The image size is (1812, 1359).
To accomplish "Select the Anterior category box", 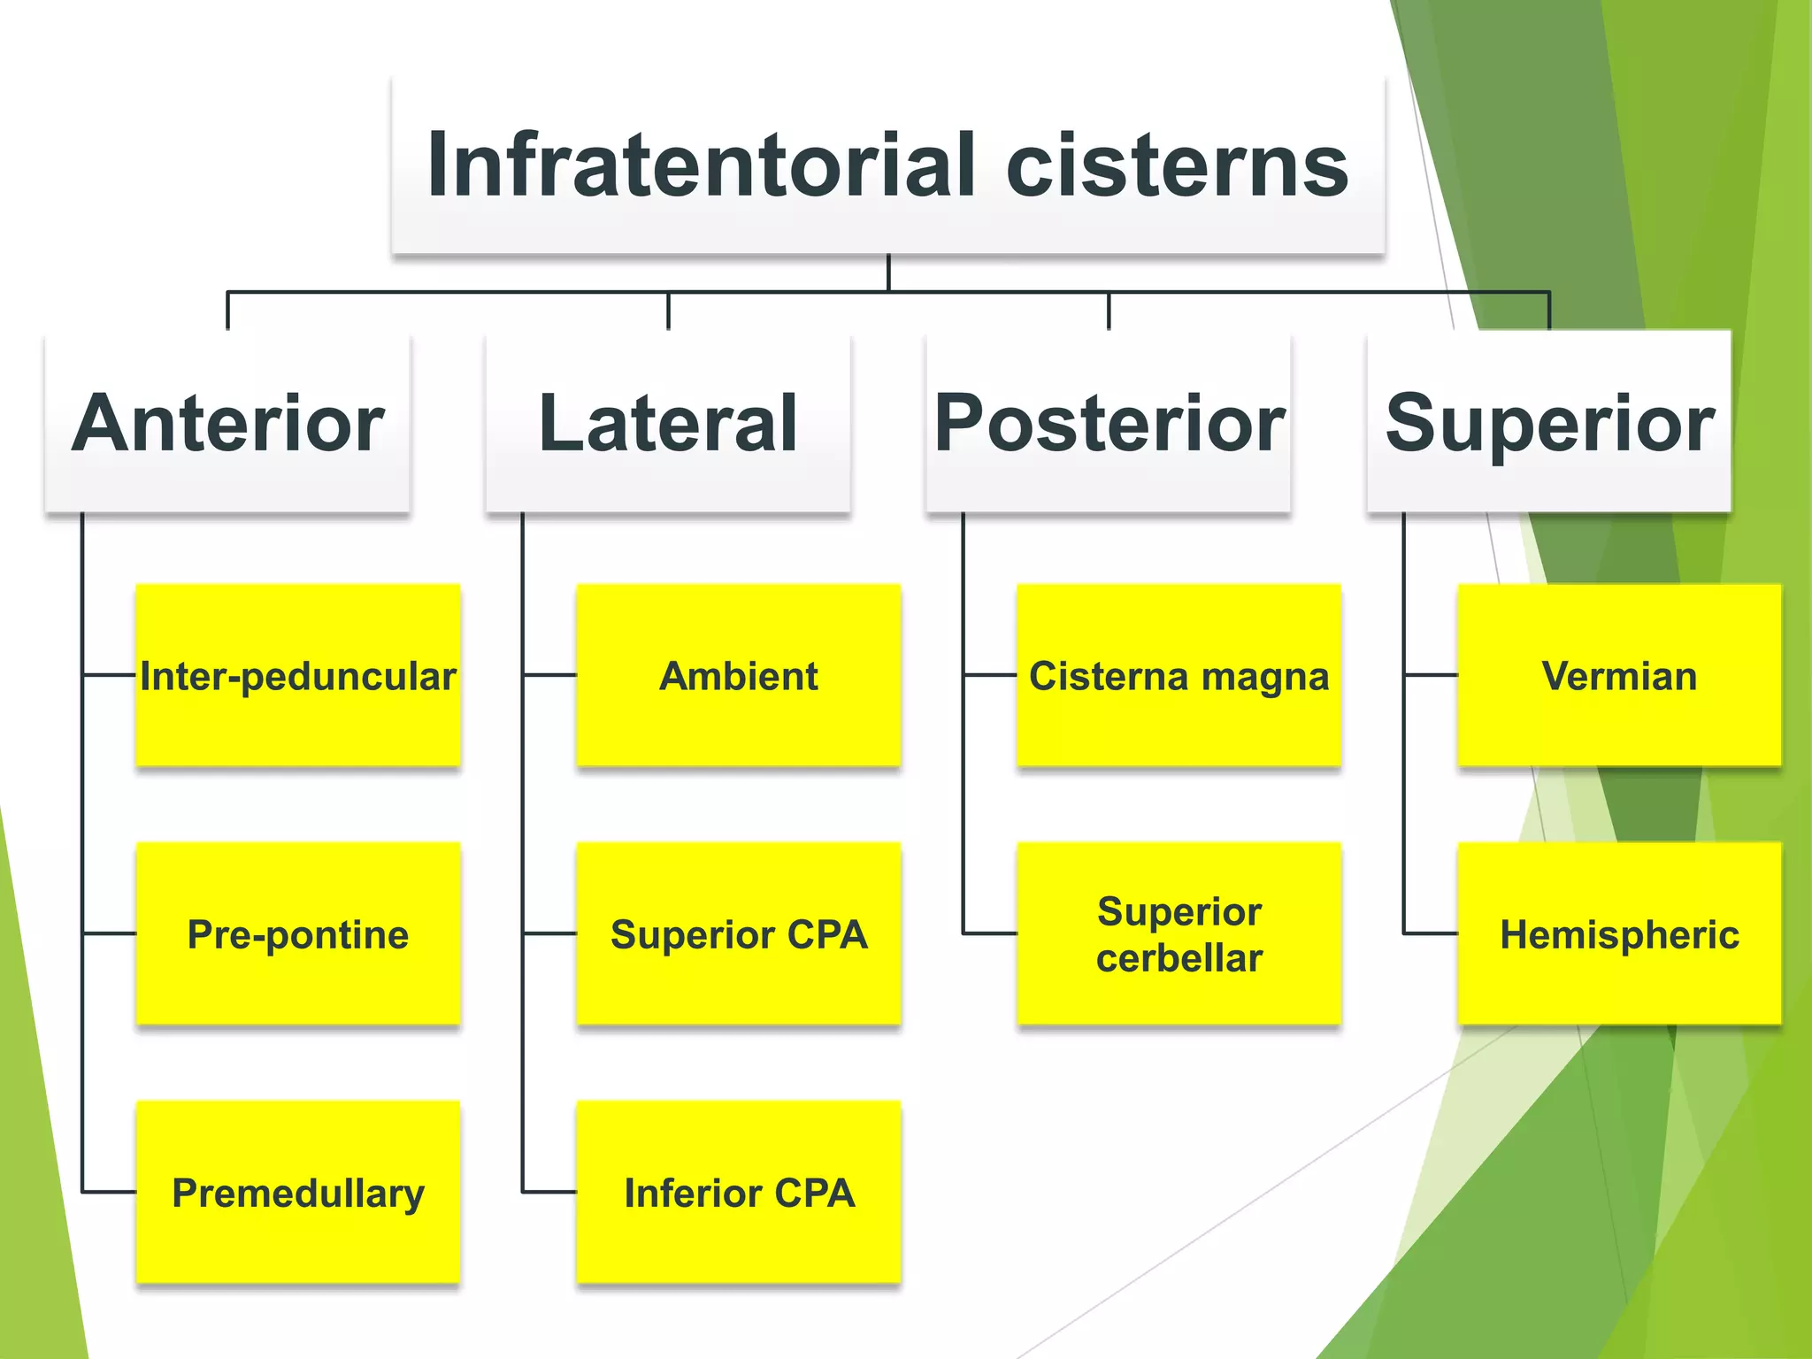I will pos(227,423).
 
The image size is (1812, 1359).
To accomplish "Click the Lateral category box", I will pos(668,423).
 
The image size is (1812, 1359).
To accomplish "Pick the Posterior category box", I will pos(1109,423).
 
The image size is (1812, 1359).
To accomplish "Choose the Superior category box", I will pos(1548,423).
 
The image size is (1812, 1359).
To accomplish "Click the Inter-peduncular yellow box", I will pos(298,676).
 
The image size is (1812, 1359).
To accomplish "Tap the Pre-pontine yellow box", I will pos(298,934).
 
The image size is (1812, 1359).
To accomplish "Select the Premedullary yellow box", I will pos(298,1193).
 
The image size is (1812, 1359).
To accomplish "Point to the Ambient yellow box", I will pos(739,676).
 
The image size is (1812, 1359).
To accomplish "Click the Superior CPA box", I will pos(739,934).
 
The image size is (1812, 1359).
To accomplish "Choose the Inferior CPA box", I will pos(739,1193).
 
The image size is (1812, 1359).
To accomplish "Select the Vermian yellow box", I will pos(1619,676).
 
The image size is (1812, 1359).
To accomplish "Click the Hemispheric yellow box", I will pos(1619,934).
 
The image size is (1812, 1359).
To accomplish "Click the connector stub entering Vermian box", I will pos(1432,675).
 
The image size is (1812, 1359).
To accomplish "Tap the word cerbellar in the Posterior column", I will pos(1179,958).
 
